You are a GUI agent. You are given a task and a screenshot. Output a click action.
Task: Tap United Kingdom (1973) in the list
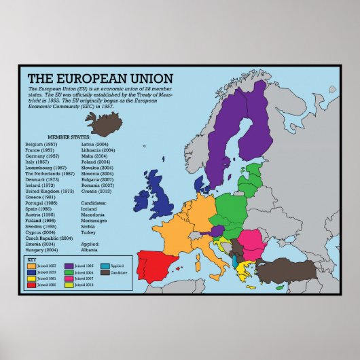(x=50, y=191)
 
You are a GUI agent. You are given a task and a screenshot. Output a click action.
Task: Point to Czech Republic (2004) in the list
(x=48, y=238)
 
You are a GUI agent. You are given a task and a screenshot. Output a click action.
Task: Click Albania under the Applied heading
(x=88, y=249)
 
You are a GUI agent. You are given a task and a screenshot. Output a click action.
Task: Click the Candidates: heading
(x=94, y=202)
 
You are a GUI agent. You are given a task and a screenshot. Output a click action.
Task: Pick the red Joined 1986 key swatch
(x=32, y=285)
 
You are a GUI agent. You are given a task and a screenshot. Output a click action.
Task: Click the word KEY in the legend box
(x=31, y=259)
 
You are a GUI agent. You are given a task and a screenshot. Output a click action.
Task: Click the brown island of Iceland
(x=104, y=125)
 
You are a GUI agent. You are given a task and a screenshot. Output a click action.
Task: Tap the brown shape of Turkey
(x=291, y=270)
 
